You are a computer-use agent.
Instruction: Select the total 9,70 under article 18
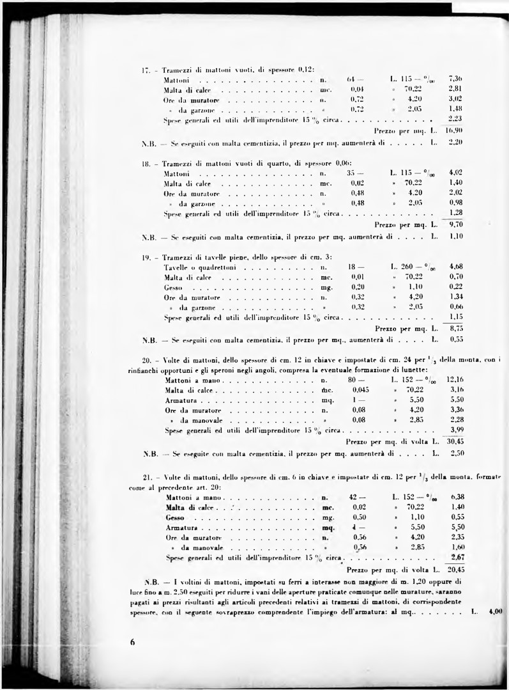click(455, 224)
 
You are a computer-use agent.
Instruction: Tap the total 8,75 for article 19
click(455, 327)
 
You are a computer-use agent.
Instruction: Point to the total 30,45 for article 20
click(455, 441)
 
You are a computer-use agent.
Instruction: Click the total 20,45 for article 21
click(455, 568)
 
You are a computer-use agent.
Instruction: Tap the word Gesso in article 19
click(173, 287)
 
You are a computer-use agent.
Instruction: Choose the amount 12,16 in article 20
click(455, 380)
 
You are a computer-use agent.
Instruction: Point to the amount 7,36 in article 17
click(455, 79)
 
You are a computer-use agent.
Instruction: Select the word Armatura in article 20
click(180, 400)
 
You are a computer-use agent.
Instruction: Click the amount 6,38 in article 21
click(457, 497)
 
